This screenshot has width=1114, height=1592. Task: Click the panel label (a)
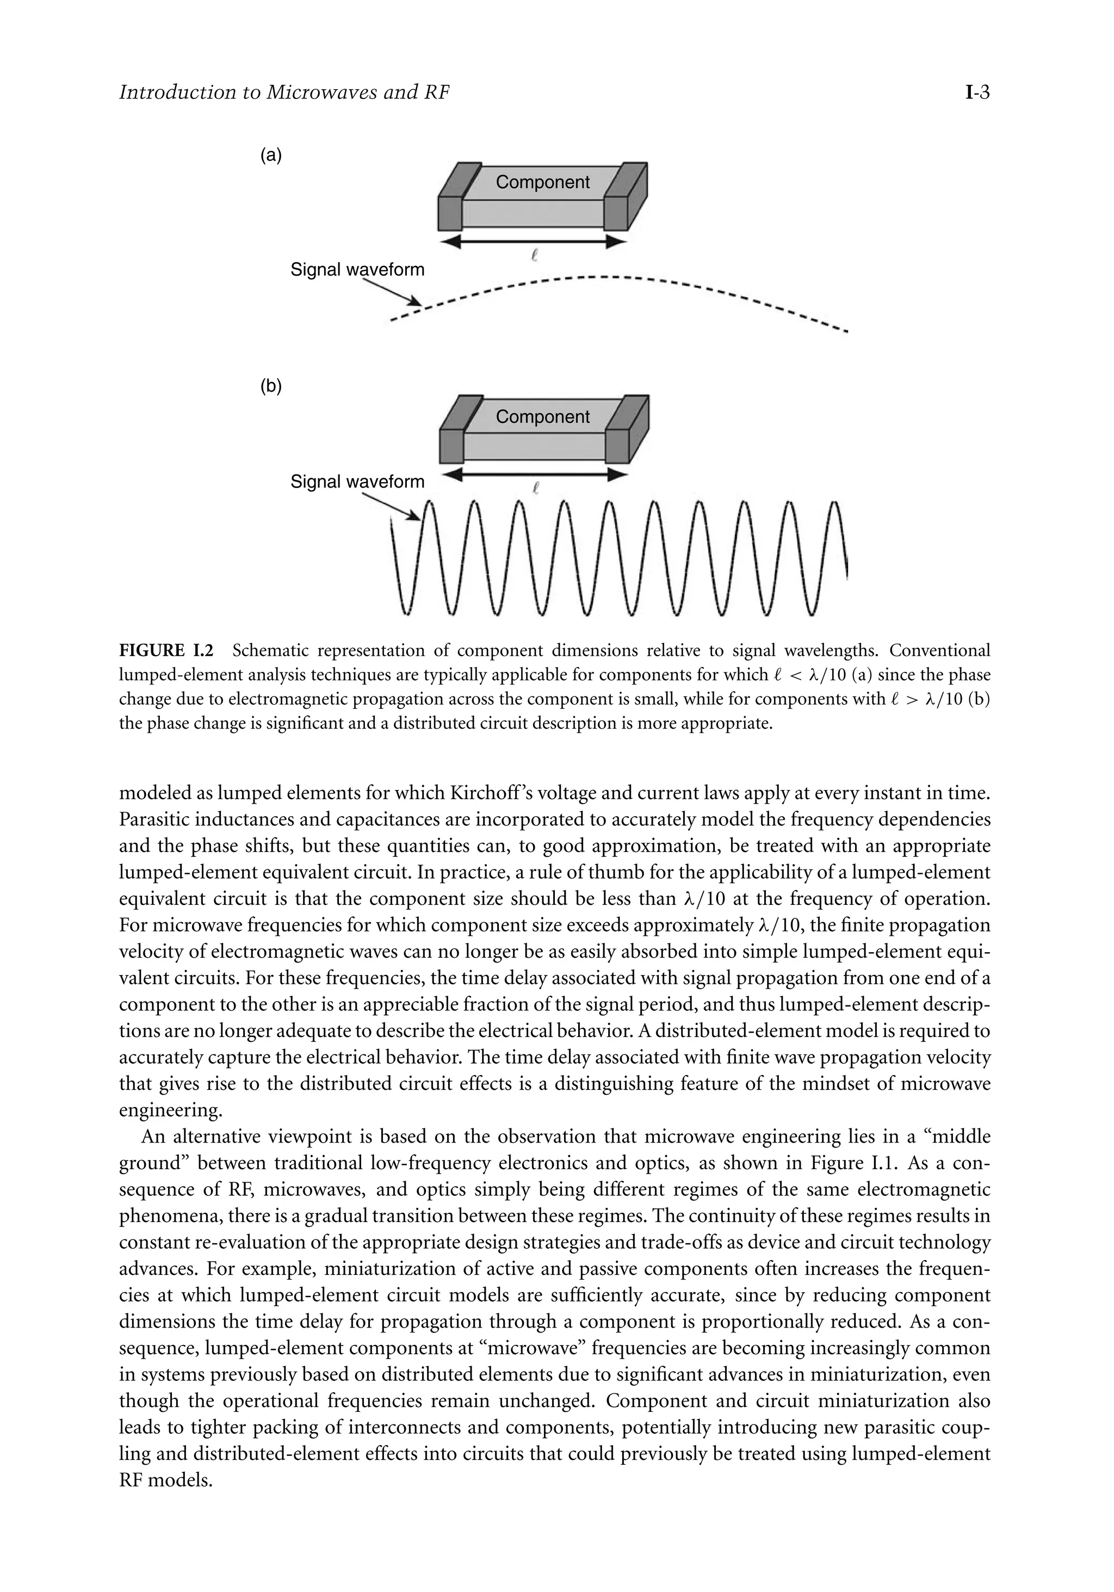click(271, 155)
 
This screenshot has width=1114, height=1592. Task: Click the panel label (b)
click(271, 387)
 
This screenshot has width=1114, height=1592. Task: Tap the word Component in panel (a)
click(542, 182)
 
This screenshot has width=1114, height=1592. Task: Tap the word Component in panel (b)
click(542, 417)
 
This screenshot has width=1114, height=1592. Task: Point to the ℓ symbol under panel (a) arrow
click(533, 255)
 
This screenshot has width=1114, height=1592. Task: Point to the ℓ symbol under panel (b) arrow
click(534, 488)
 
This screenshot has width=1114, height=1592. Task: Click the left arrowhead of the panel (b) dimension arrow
click(453, 475)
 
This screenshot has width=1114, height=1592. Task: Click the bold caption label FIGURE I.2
click(166, 650)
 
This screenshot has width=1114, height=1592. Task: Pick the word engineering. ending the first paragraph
click(171, 1110)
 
